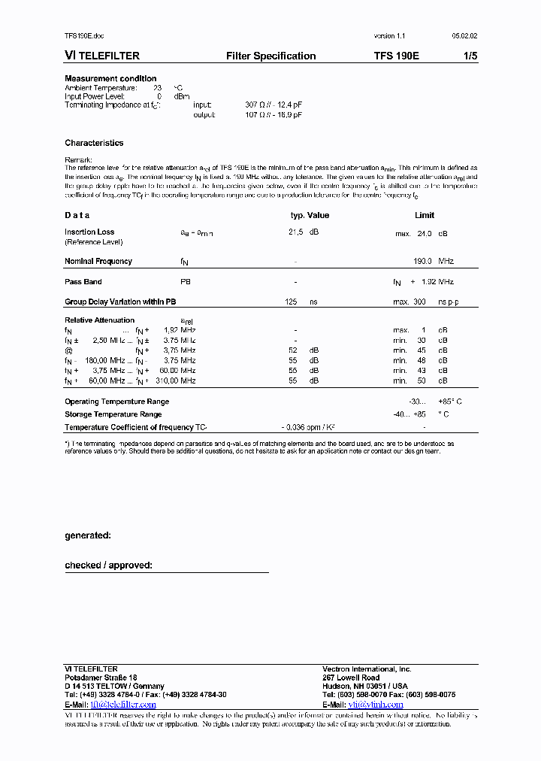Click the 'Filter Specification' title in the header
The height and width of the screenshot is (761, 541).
tap(270, 56)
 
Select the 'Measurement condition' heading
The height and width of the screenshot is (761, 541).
tap(110, 78)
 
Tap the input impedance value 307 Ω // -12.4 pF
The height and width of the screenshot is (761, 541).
tap(274, 105)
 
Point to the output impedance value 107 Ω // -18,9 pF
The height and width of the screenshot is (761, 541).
tap(274, 115)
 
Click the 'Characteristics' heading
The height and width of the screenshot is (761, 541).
tap(94, 143)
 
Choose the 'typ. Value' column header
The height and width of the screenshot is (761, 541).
tap(310, 215)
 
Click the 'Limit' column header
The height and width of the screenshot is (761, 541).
tap(425, 215)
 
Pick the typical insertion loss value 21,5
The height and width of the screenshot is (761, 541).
tap(295, 232)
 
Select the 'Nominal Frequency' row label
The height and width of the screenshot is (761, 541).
tap(98, 262)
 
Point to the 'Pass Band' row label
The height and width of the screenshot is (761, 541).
tap(83, 282)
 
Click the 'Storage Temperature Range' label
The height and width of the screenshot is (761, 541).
tap(113, 414)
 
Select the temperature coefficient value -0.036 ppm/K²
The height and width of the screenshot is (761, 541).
tap(308, 427)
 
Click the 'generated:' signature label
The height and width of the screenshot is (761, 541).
tap(88, 535)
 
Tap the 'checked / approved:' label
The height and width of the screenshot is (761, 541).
tap(108, 565)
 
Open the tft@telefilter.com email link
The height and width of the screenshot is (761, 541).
tap(123, 705)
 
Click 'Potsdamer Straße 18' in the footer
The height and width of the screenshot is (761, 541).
tap(101, 678)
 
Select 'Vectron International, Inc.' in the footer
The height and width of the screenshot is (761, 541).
tap(367, 669)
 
